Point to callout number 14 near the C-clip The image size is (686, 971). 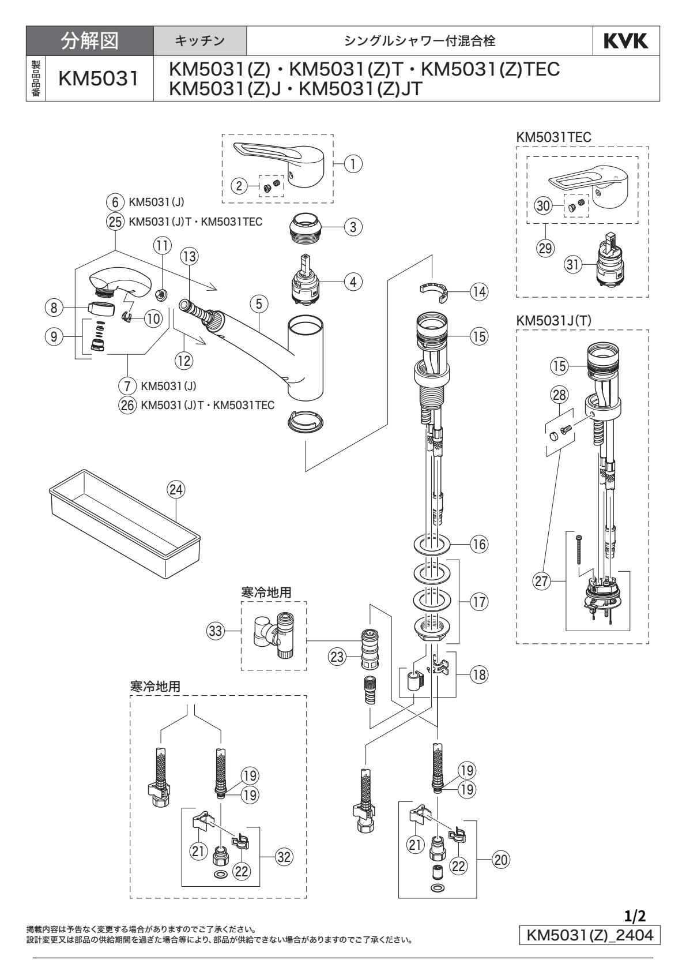478,292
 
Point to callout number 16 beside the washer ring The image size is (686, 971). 478,544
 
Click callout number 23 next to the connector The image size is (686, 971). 337,656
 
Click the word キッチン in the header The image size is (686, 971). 200,40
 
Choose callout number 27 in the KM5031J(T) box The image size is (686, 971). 542,581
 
